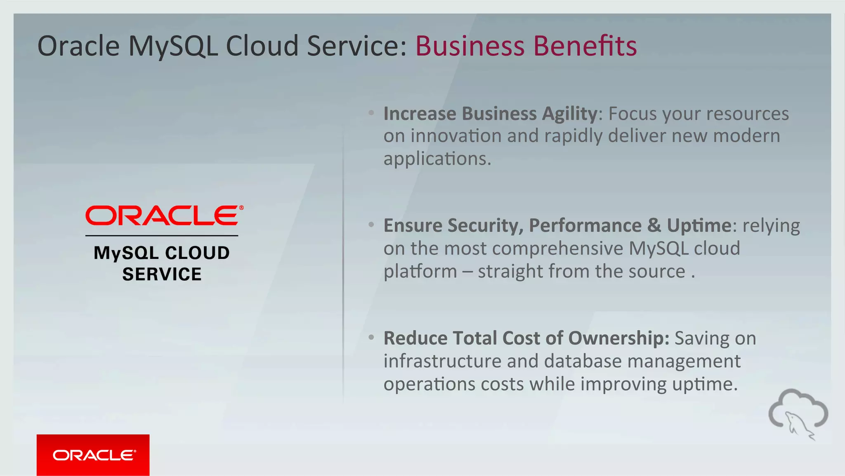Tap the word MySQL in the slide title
tap(173, 46)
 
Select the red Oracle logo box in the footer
tap(93, 455)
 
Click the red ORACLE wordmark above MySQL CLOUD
tap(162, 216)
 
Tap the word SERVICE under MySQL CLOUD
tap(162, 274)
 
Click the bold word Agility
tap(569, 114)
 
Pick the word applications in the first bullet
tap(437, 159)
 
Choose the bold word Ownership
tap(618, 339)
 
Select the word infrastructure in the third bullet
tap(442, 361)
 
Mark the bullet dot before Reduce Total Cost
tap(371, 338)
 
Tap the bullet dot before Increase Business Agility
tap(371, 113)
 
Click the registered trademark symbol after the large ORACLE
tap(241, 208)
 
